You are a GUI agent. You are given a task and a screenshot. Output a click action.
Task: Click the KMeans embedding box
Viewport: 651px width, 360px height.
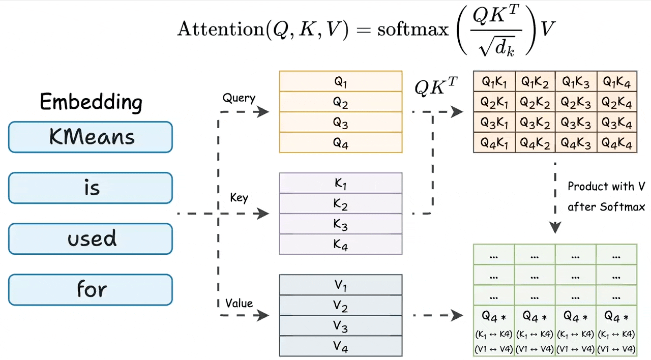pyautogui.click(x=91, y=137)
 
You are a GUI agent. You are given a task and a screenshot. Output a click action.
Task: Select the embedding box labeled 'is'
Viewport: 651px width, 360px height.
pyautogui.click(x=91, y=188)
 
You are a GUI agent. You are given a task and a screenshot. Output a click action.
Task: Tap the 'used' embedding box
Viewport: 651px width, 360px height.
pyautogui.click(x=91, y=238)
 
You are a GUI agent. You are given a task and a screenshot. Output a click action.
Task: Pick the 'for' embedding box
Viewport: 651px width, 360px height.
pyautogui.click(x=91, y=289)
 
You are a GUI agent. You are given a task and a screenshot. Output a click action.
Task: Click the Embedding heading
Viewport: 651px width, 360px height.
pyautogui.click(x=91, y=102)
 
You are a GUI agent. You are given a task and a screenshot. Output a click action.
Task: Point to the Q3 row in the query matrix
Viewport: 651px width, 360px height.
pyautogui.click(x=340, y=122)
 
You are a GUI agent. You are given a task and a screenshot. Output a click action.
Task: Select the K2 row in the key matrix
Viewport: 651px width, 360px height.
pyautogui.click(x=340, y=203)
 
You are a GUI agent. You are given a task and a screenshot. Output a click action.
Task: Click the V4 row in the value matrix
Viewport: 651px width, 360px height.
pyautogui.click(x=340, y=346)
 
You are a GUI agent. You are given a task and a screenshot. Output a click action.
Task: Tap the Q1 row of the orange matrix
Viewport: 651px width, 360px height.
pyautogui.click(x=340, y=81)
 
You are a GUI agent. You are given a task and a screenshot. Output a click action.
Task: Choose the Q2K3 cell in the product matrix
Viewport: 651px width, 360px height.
pyautogui.click(x=575, y=102)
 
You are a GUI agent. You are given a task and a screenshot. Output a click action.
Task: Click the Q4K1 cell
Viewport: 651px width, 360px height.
pyautogui.click(x=494, y=142)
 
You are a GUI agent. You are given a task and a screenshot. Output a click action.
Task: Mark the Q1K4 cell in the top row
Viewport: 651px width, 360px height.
pyautogui.click(x=616, y=81)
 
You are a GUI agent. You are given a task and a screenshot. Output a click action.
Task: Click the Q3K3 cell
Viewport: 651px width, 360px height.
pyautogui.click(x=575, y=122)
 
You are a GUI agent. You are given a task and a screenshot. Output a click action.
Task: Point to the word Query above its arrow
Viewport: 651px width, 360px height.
pyautogui.click(x=239, y=98)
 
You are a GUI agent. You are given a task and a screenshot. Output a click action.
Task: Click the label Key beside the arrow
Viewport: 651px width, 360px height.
pyautogui.click(x=239, y=197)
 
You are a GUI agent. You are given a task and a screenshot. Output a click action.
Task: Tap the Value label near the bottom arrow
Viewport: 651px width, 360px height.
pyautogui.click(x=239, y=303)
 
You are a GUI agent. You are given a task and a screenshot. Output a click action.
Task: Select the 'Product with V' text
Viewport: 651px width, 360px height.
pyautogui.click(x=606, y=187)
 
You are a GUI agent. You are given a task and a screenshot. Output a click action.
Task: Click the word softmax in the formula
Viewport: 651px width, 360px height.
pyautogui.click(x=413, y=29)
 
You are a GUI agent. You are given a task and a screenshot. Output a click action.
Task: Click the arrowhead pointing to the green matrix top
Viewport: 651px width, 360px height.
pyautogui.click(x=555, y=227)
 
